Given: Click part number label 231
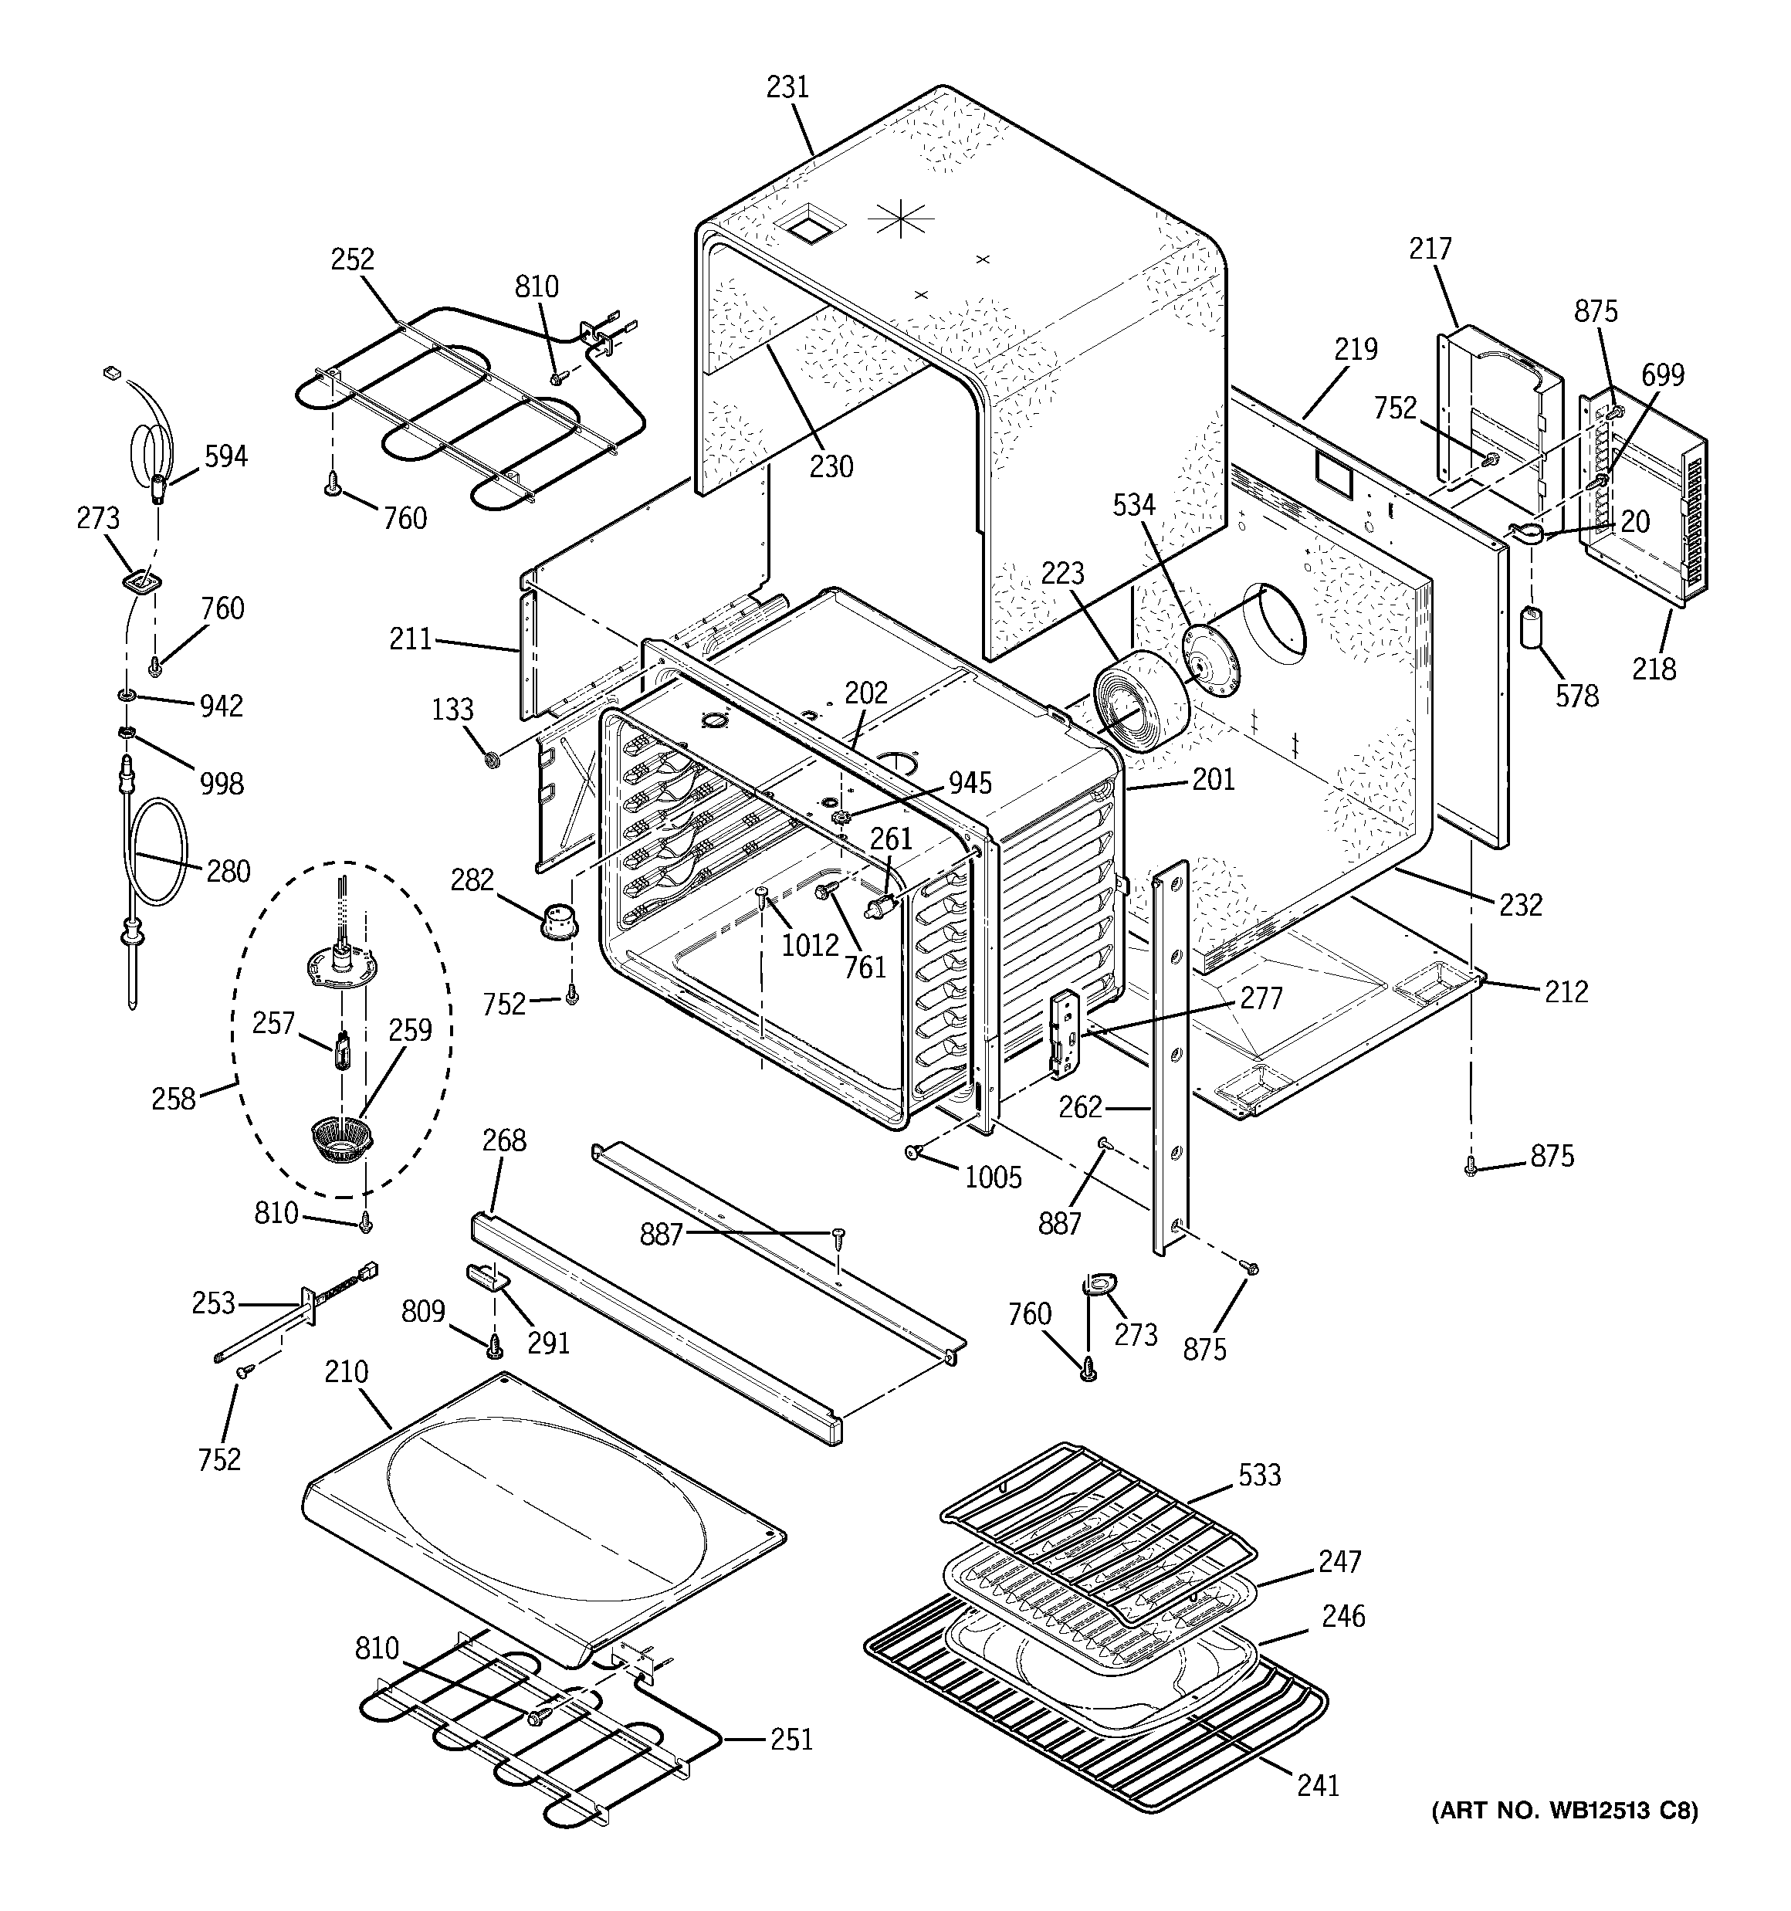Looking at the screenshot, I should click(x=787, y=87).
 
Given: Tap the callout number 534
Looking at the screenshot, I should click(x=1133, y=505).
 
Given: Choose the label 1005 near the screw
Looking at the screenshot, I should click(x=993, y=1177).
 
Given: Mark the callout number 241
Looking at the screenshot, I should click(x=1317, y=1785).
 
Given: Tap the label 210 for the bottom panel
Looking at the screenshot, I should click(x=346, y=1372).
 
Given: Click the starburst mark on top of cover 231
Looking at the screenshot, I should click(x=901, y=220).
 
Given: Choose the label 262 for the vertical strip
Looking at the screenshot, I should click(x=1081, y=1107).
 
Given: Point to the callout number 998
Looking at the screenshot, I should click(x=221, y=784).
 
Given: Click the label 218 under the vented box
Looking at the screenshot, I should click(x=1654, y=668).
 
